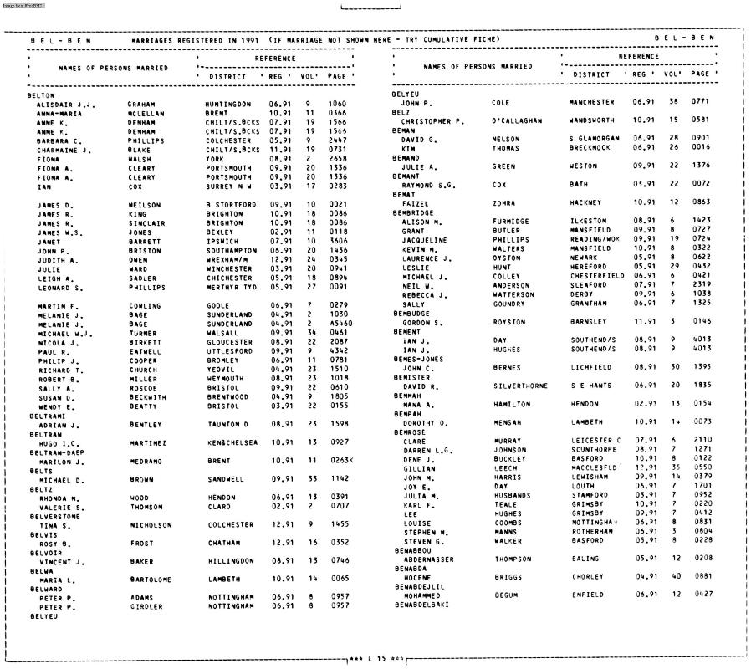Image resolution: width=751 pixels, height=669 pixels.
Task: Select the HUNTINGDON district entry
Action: (227, 105)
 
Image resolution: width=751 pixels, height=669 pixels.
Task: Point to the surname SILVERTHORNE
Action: (521, 386)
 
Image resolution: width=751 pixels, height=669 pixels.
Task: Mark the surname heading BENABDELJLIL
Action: (421, 586)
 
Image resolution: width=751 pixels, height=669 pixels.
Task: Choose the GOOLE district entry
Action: (218, 306)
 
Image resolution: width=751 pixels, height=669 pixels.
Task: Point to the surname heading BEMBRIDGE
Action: (413, 212)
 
